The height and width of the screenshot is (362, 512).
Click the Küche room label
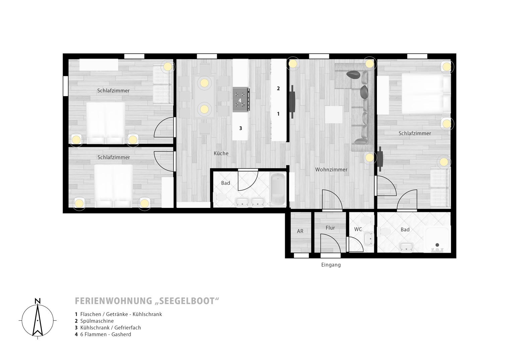(x=221, y=153)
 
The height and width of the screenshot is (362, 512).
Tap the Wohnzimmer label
(x=331, y=170)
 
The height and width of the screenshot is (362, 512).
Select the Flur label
(x=330, y=228)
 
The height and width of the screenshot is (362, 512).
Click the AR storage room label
(x=300, y=231)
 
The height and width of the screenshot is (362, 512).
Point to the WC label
(x=358, y=229)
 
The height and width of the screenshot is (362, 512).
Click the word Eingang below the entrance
(x=331, y=265)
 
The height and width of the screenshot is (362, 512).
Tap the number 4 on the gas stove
(x=240, y=101)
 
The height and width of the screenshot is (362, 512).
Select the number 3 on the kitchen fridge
(x=241, y=128)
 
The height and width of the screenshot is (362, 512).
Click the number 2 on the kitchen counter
(x=278, y=88)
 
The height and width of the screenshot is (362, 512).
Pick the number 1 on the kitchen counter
(x=278, y=114)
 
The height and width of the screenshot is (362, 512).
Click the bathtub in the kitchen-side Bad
(x=278, y=189)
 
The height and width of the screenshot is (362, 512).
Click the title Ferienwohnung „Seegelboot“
(x=147, y=301)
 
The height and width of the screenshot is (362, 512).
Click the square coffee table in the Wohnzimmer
(x=334, y=114)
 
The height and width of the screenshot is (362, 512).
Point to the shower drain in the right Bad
(x=437, y=245)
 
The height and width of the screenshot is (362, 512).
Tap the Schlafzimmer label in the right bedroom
(x=414, y=133)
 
